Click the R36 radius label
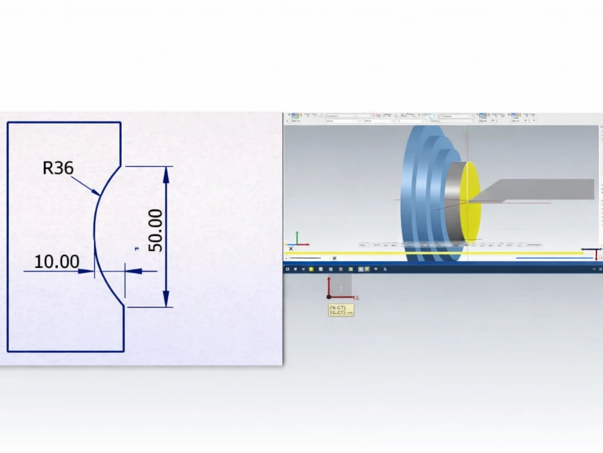click(58, 167)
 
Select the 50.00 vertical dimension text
click(156, 230)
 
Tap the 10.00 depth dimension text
click(57, 262)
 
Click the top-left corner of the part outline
click(8, 123)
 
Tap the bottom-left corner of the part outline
click(8, 351)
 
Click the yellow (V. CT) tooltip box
click(341, 310)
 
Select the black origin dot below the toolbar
click(329, 297)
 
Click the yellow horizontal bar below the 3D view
click(434, 254)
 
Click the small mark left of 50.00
click(137, 248)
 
